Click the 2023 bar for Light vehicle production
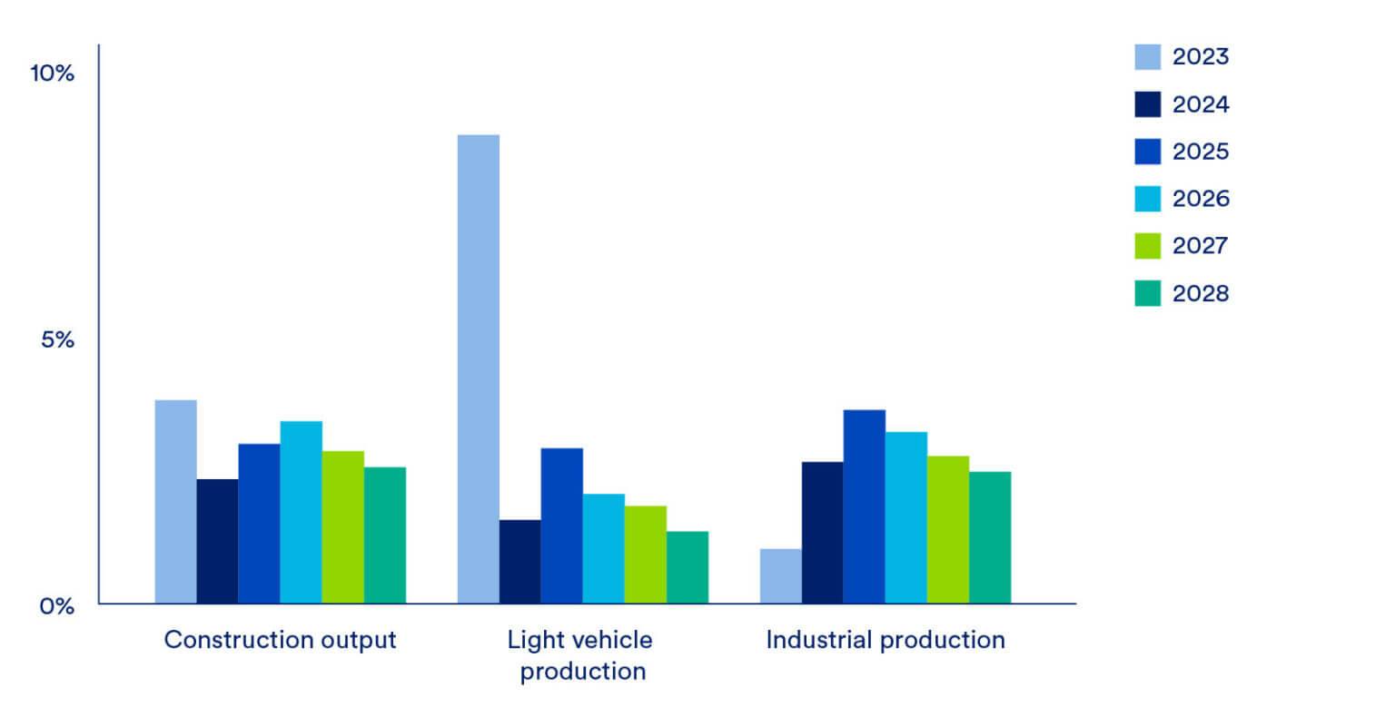tap(478, 368)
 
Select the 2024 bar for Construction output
tap(217, 541)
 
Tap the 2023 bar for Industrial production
tap(780, 575)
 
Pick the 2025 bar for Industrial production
tap(864, 506)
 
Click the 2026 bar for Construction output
tap(301, 512)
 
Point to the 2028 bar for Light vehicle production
tap(687, 567)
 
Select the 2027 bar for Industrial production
tap(947, 529)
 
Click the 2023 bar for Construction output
tap(175, 501)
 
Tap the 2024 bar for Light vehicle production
tap(519, 561)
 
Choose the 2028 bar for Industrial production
tap(989, 537)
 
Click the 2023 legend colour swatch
tap(1147, 57)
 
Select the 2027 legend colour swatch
tap(1147, 246)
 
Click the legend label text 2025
tap(1200, 152)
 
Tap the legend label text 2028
tap(1200, 293)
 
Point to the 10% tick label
tap(52, 74)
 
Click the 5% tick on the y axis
tap(56, 340)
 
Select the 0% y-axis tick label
tap(56, 605)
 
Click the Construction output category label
tap(280, 640)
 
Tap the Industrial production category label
tap(885, 640)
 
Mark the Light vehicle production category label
tap(580, 655)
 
